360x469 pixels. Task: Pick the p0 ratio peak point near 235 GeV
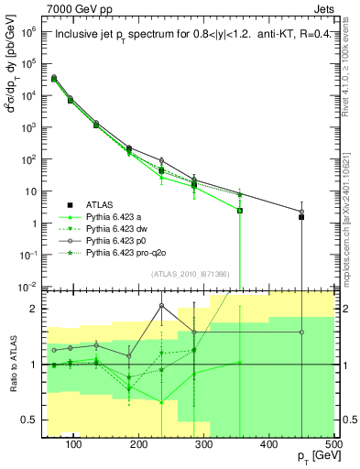161,306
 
